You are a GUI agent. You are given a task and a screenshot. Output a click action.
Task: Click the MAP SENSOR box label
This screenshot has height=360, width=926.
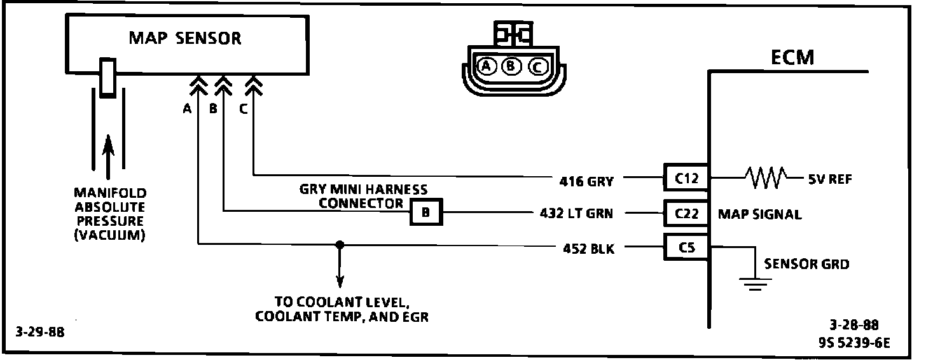coord(185,38)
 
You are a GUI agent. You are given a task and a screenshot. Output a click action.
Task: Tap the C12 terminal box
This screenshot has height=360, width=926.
coord(686,179)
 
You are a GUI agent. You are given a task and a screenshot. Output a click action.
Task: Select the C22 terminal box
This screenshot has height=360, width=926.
coord(686,214)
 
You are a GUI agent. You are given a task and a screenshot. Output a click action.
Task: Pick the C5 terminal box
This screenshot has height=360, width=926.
coord(686,247)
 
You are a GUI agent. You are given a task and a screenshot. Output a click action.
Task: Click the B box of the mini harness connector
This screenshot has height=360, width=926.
coord(425,214)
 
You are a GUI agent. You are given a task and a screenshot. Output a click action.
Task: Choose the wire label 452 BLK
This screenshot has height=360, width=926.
coord(588,249)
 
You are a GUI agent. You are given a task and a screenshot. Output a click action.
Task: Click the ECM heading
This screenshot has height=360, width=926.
coord(792,58)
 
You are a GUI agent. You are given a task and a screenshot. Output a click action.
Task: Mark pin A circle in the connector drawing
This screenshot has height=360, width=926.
coord(487,66)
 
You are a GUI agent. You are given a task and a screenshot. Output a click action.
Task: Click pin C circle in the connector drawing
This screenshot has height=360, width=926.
coord(537,66)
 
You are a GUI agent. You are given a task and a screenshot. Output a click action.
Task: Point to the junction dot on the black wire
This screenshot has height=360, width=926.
coord(340,244)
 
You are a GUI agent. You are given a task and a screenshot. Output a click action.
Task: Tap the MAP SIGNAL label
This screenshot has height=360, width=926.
coord(759,214)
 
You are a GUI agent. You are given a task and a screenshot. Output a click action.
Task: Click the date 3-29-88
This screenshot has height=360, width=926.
coord(41,332)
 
